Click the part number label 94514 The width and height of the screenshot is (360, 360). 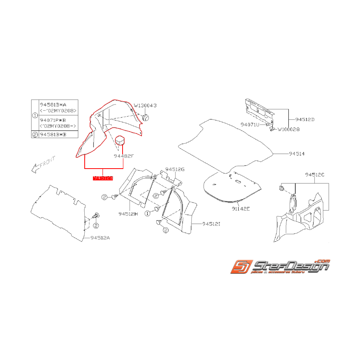[x=297, y=154]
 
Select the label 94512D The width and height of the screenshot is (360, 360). [x=305, y=119]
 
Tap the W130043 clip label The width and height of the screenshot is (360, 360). [x=145, y=105]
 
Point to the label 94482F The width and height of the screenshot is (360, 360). [x=123, y=156]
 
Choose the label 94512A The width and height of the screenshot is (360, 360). [x=100, y=238]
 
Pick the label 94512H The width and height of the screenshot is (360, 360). [x=128, y=213]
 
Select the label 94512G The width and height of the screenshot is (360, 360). [x=175, y=169]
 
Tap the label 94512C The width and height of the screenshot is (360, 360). [x=315, y=175]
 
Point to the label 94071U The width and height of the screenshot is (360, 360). [x=250, y=125]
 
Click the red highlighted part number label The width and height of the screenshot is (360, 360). [x=102, y=178]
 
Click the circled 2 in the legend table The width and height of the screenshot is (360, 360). [x=35, y=135]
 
